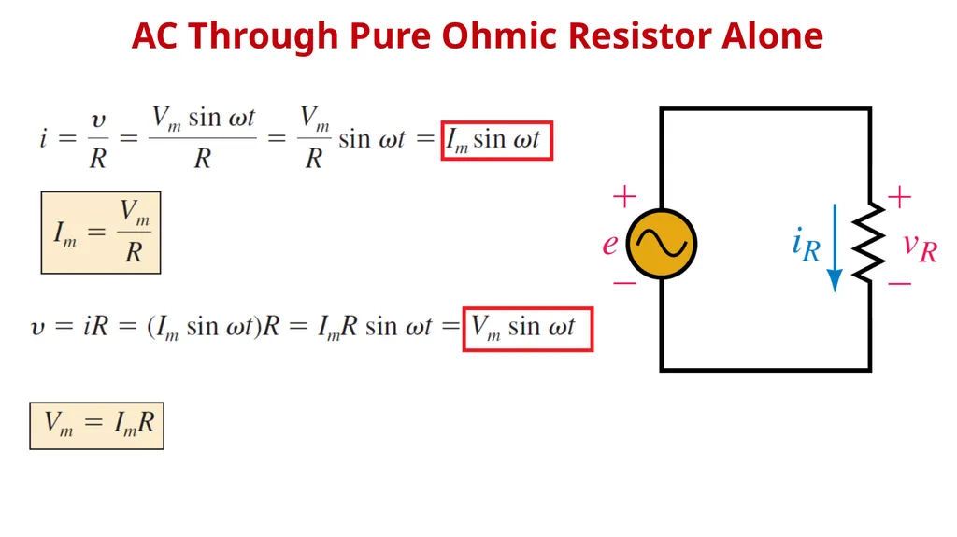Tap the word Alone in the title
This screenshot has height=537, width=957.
click(x=773, y=35)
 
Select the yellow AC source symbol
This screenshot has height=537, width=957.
click(x=662, y=244)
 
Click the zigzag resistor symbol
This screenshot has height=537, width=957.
click(x=869, y=243)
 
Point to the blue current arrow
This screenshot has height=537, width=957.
click(x=835, y=247)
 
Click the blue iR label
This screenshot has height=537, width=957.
click(x=806, y=244)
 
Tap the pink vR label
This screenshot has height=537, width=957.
click(x=921, y=247)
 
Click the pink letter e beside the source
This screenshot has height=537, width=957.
click(x=609, y=244)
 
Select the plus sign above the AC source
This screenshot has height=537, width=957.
click(x=624, y=197)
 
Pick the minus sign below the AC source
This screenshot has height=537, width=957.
click(x=624, y=283)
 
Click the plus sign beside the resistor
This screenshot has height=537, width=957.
click(x=899, y=197)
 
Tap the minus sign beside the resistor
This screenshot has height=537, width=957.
click(x=899, y=283)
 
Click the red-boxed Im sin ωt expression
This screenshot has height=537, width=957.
click(x=497, y=141)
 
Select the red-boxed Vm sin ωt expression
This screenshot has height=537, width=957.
click(x=528, y=330)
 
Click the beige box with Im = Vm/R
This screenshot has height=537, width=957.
click(x=101, y=233)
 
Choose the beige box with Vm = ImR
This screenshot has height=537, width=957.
click(x=96, y=426)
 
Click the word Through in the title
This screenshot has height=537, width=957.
click(x=263, y=36)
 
